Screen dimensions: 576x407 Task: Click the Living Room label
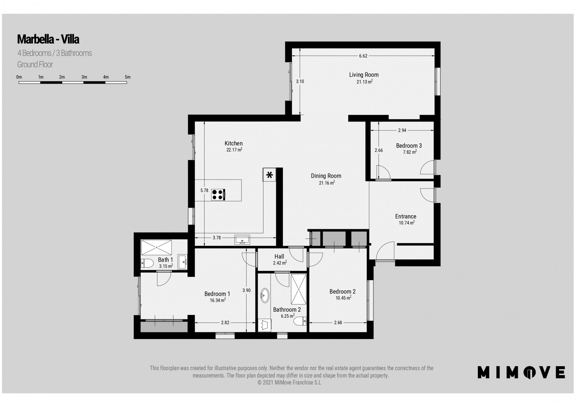364,75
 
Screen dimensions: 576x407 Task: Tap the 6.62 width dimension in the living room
363,56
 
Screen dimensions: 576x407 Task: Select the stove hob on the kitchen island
218,195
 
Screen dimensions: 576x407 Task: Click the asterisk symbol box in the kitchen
269,175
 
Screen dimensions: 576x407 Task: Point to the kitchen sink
242,240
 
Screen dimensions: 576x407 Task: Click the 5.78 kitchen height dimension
204,190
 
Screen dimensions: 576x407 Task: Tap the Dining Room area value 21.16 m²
327,183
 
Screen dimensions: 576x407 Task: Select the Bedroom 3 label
409,146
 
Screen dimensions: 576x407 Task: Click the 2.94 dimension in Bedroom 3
402,130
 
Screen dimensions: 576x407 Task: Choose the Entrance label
406,216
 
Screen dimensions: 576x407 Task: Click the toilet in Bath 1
147,263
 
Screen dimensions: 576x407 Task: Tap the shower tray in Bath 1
156,247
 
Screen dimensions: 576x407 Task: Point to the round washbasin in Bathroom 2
265,296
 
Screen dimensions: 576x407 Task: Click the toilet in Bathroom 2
300,321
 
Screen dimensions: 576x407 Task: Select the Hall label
279,257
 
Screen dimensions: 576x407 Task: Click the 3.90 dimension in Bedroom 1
246,290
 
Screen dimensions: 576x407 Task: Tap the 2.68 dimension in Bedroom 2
338,322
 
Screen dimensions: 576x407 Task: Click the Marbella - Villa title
48,39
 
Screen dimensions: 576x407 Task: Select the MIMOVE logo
521,372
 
